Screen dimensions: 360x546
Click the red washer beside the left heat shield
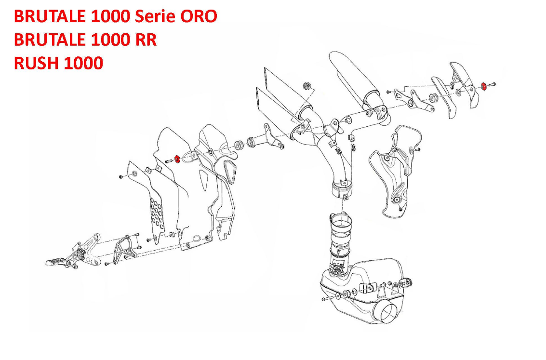click(177, 159)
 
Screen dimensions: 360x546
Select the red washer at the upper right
click(484, 86)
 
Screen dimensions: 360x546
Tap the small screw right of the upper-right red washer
click(493, 85)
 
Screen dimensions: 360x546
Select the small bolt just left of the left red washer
click(167, 161)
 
